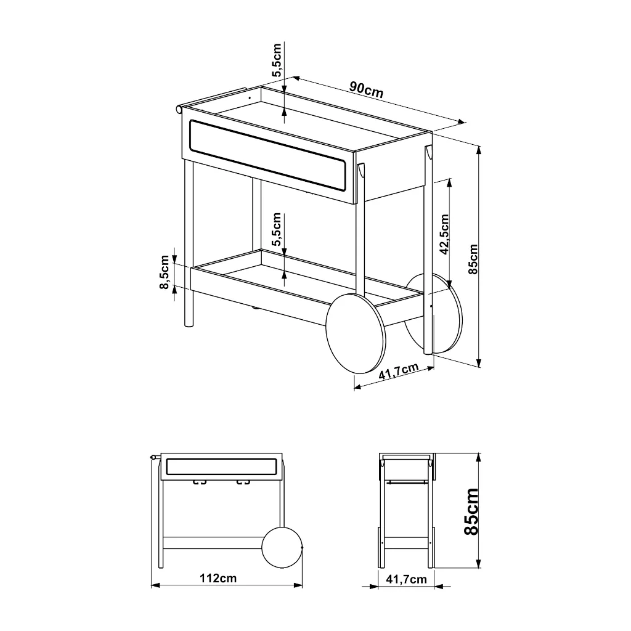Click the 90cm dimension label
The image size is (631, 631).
[366, 89]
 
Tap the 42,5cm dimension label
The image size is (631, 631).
[444, 234]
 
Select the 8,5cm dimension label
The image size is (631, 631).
[165, 272]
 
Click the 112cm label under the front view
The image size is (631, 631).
[218, 578]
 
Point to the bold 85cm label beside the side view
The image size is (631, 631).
[471, 512]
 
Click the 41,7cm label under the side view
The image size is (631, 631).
[406, 579]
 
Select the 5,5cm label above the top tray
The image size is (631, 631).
[277, 60]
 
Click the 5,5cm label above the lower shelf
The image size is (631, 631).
[277, 229]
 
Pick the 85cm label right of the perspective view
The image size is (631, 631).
[473, 259]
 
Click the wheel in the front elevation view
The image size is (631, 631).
[282, 548]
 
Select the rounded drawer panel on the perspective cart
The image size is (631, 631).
[267, 155]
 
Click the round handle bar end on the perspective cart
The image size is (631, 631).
[179, 109]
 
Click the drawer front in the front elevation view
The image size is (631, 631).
[221, 466]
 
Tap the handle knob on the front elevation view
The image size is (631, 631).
[153, 457]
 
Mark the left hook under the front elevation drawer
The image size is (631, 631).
[200, 482]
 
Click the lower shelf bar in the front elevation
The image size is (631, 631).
[213, 543]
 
